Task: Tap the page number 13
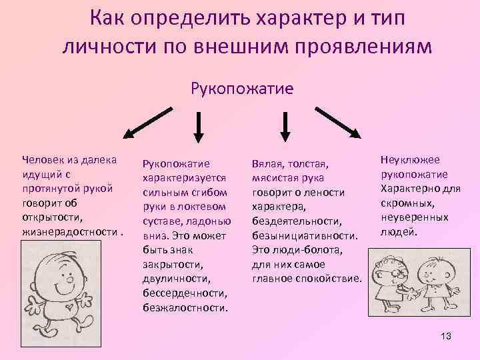point(445,336)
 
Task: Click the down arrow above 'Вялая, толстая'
point(286,126)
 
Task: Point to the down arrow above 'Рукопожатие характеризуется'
point(197,126)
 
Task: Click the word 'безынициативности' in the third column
point(305,235)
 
